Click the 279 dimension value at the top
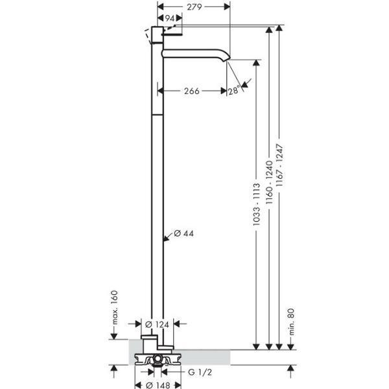194,7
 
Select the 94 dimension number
170,18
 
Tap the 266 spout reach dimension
192,91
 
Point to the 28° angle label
233,90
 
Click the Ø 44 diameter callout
183,233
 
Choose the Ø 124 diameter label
158,325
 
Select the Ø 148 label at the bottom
158,385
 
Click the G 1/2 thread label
200,372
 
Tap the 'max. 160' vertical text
115,307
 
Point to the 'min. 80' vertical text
291,322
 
